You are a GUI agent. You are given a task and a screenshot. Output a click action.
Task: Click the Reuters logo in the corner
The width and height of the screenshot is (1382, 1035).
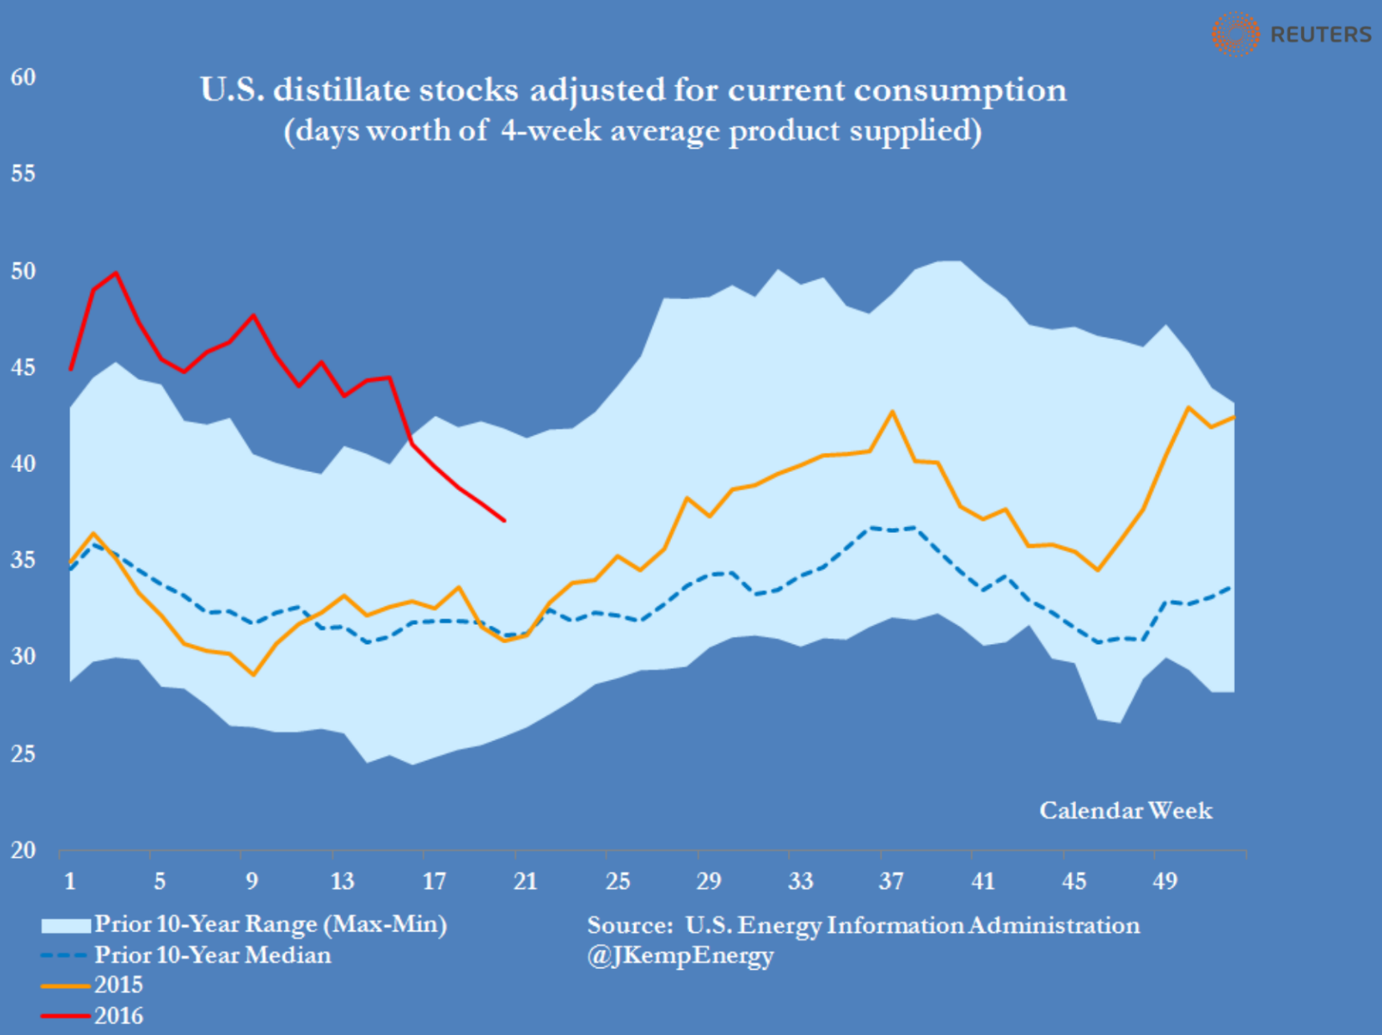[x=1292, y=34]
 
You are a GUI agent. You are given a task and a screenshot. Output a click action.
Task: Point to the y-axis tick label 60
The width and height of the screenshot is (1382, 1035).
[x=23, y=78]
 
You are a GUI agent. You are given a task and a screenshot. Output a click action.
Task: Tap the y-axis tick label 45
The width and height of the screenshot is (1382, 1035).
[x=23, y=368]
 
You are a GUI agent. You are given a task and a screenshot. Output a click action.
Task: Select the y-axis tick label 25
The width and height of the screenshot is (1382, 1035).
[x=23, y=753]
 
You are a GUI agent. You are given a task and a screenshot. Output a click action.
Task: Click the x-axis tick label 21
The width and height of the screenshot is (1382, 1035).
[x=525, y=881]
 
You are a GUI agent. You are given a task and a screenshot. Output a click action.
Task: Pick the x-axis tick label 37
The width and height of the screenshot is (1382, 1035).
[x=891, y=881]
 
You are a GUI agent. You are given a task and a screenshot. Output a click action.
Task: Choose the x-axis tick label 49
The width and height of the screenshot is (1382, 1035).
[x=1165, y=881]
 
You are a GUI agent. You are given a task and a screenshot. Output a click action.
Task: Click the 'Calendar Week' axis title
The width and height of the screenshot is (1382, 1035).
[x=1125, y=810]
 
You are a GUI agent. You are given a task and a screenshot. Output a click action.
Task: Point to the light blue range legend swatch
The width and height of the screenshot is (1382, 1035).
[x=65, y=925]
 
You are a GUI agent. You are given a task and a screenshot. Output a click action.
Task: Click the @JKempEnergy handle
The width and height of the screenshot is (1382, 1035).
[x=680, y=956]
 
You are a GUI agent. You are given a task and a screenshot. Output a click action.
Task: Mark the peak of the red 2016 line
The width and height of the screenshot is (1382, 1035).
[x=116, y=272]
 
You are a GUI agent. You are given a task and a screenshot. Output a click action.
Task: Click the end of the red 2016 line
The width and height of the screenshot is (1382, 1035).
[x=504, y=520]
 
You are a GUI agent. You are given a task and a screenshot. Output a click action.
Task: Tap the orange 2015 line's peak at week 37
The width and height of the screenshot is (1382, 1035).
[x=892, y=411]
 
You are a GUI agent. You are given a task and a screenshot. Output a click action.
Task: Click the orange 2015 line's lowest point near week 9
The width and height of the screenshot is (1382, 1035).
[x=253, y=674]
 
